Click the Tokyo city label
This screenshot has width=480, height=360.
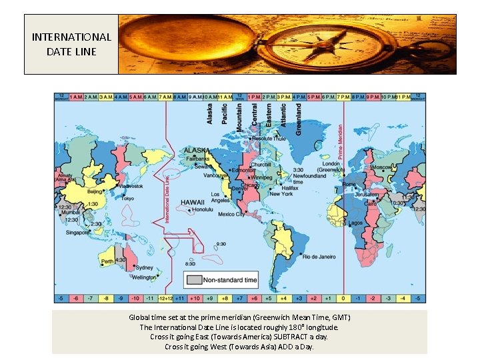[127, 198]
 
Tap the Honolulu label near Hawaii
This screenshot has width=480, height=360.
[203, 209]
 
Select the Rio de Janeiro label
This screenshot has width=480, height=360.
[319, 257]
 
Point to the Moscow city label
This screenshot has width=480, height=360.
[381, 167]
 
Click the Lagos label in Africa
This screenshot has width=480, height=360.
[355, 223]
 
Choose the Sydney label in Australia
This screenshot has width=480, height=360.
[144, 267]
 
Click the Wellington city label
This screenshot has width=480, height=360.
[144, 277]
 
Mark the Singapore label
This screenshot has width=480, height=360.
[78, 233]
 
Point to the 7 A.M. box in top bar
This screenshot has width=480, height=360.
[165, 97]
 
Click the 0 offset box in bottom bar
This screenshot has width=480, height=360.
[343, 299]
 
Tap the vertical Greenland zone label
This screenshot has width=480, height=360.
[299, 119]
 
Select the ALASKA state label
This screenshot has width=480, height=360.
[197, 151]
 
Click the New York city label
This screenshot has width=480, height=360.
[281, 194]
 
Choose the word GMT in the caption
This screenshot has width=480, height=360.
[339, 317]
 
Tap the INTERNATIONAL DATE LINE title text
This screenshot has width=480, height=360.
[71, 44]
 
